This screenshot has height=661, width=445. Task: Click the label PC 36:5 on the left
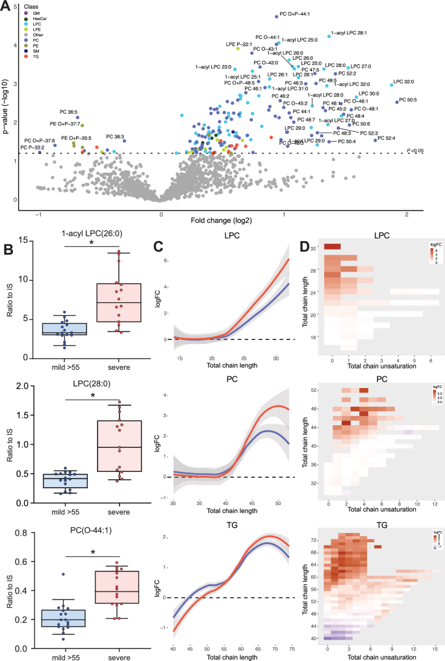pyautogui.click(x=70, y=111)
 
